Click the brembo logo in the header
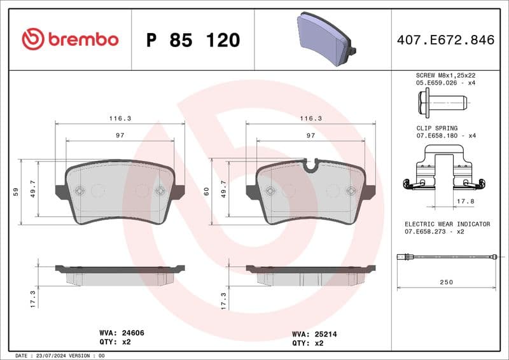tap(70, 39)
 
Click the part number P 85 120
tap(193, 40)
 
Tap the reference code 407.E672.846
tap(445, 40)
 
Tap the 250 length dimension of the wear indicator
tap(445, 282)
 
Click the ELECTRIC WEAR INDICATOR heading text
tap(447, 225)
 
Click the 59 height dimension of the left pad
tap(15, 191)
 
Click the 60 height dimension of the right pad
tap(206, 191)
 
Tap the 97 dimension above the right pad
tap(310, 135)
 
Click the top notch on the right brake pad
tap(311, 165)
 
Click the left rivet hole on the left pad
tap(79, 190)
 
